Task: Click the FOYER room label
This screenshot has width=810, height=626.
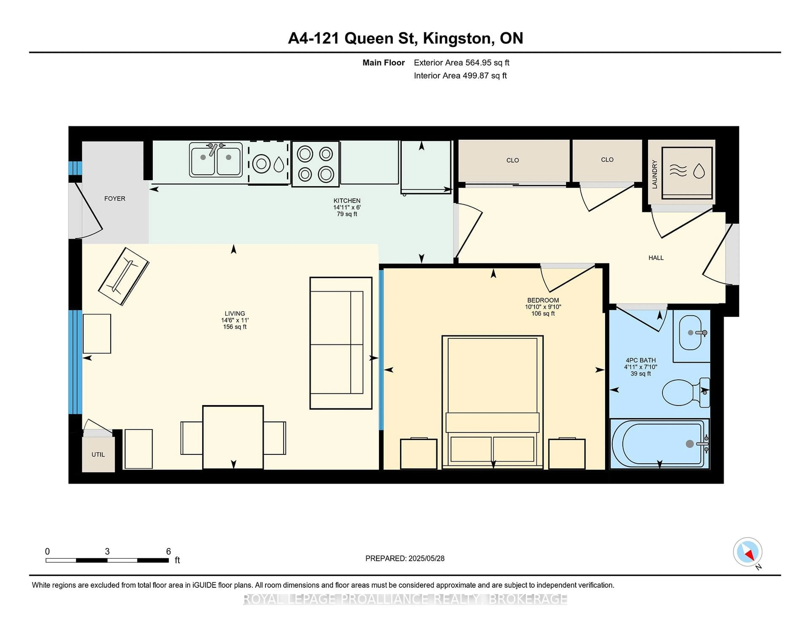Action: pyautogui.click(x=115, y=199)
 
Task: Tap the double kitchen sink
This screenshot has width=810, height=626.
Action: pyautogui.click(x=216, y=159)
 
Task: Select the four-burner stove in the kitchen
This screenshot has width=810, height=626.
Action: pyautogui.click(x=315, y=164)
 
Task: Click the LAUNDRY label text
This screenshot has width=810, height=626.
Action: pyautogui.click(x=655, y=174)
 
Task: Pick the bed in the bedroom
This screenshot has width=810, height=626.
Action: pyautogui.click(x=492, y=402)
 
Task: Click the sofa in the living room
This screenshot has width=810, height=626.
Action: pyautogui.click(x=340, y=343)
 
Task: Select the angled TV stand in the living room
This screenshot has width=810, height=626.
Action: pyautogui.click(x=123, y=276)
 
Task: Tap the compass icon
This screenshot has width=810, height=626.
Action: pyautogui.click(x=747, y=552)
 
